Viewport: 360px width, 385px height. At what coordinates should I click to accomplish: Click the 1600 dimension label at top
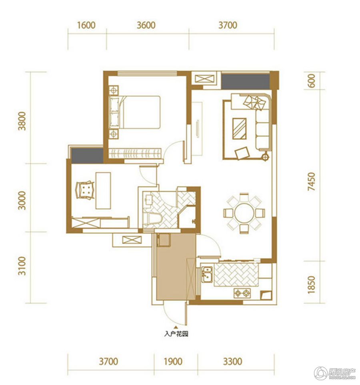click(86, 25)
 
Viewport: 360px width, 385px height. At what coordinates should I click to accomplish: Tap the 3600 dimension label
click(146, 25)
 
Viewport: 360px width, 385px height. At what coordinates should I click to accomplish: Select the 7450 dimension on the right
click(311, 181)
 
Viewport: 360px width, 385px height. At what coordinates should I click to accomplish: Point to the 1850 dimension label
click(311, 285)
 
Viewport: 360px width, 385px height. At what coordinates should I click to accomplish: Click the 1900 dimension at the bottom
click(173, 361)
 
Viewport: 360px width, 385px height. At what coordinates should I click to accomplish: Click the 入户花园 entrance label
click(176, 334)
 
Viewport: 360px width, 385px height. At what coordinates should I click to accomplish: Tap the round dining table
click(244, 213)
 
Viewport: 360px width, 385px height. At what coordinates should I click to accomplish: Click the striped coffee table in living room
click(240, 128)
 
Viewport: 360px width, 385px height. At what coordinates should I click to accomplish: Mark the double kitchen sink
click(207, 274)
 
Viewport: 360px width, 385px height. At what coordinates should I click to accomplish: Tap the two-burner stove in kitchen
click(242, 293)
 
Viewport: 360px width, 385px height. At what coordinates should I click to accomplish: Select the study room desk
click(103, 190)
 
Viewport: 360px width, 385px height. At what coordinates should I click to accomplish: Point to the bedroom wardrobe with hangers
click(135, 153)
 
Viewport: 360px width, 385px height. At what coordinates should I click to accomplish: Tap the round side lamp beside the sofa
click(266, 156)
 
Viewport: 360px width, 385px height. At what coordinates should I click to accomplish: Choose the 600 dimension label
click(311, 81)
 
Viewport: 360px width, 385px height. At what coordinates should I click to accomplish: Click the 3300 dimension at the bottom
click(233, 361)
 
